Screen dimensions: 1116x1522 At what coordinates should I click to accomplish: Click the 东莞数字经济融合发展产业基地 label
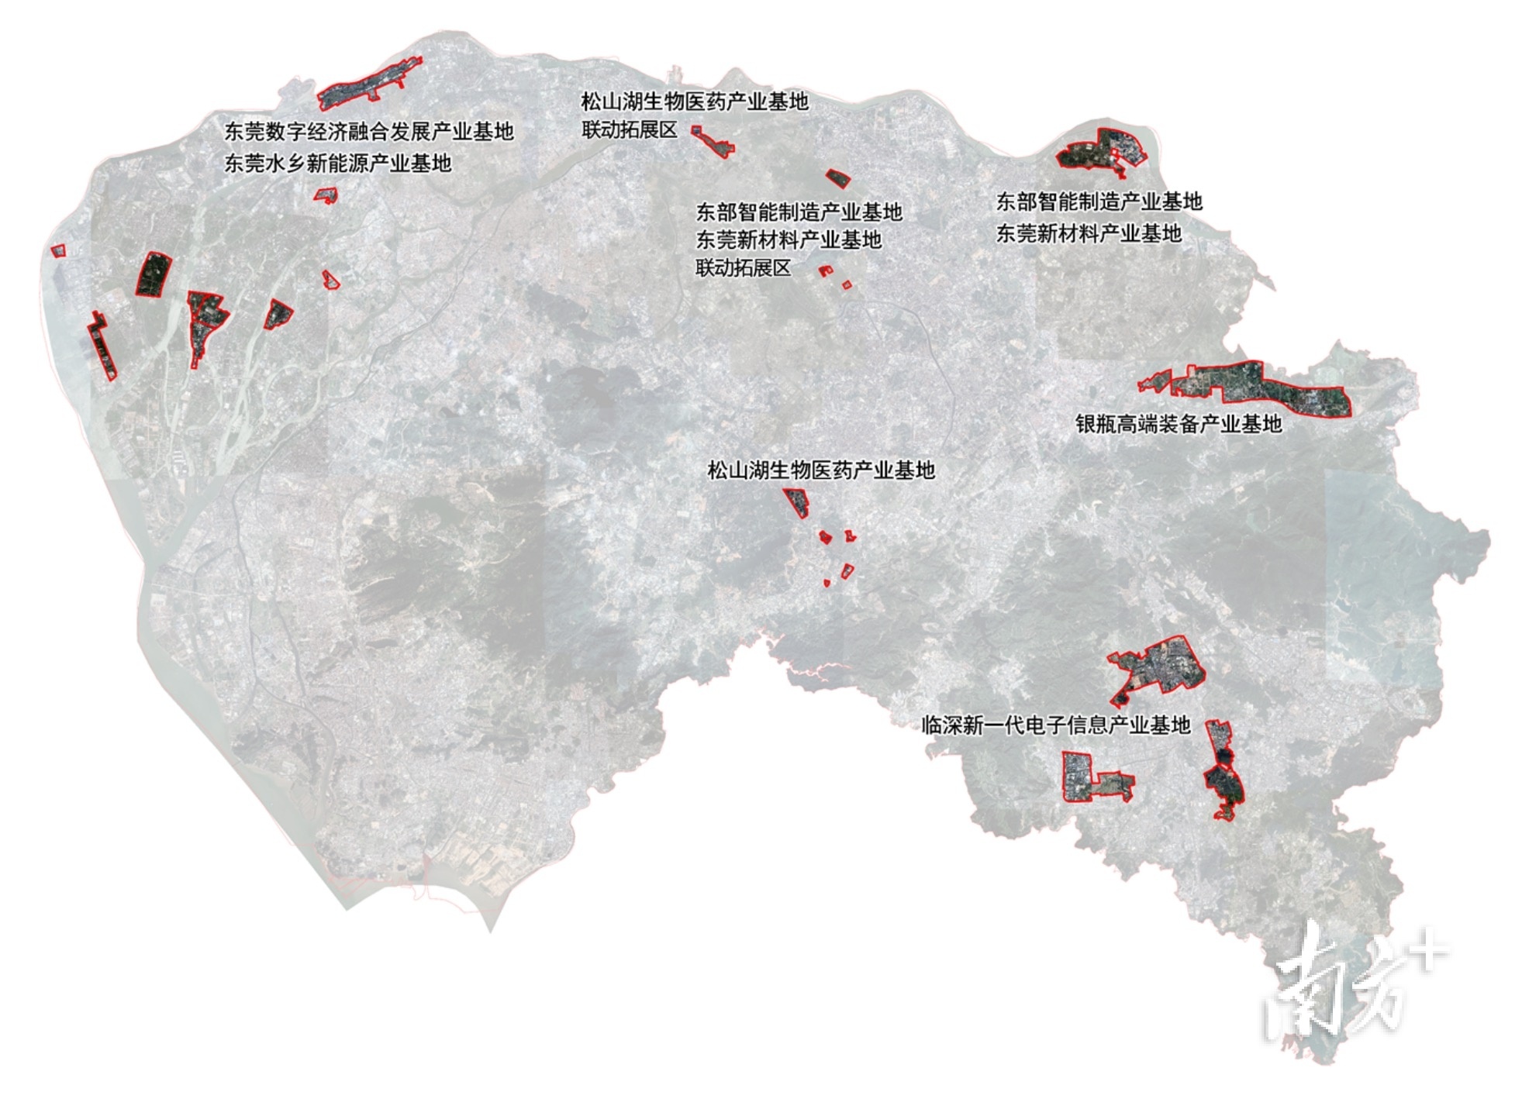369,132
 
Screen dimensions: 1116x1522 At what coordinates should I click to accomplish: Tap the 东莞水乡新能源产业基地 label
337,164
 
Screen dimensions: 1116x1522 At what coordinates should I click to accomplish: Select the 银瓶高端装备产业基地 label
1178,424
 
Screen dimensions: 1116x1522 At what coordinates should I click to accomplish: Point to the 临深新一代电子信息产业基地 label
1055,725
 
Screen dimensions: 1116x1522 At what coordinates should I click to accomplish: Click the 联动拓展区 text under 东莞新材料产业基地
743,268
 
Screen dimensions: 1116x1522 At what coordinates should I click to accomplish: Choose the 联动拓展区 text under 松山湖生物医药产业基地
630,129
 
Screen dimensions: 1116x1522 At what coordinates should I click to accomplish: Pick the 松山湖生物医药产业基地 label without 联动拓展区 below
821,470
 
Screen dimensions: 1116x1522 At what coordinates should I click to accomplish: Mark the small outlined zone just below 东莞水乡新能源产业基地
326,195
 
